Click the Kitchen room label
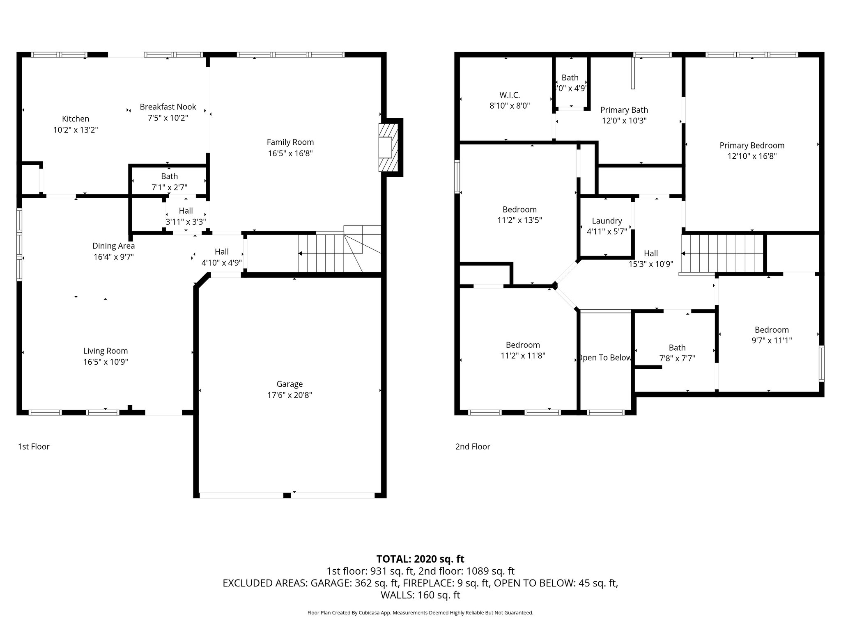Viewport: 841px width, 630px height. click(76, 119)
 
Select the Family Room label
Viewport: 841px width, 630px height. click(290, 142)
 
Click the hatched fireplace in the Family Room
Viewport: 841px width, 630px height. click(388, 148)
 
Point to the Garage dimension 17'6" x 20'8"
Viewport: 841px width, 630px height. click(290, 395)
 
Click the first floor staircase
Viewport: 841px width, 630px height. click(329, 253)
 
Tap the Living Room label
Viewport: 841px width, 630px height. click(106, 351)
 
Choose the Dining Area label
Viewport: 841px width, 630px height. click(113, 246)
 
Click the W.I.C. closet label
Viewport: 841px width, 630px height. click(510, 95)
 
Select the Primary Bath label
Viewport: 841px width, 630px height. click(624, 110)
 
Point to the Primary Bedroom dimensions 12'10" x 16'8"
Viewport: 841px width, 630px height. click(752, 156)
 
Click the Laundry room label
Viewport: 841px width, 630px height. click(607, 221)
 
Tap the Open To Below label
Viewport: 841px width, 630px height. click(604, 358)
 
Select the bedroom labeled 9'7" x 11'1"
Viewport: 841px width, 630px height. click(772, 330)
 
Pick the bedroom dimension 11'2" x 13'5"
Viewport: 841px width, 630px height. click(519, 220)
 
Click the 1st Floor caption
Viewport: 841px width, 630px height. click(34, 447)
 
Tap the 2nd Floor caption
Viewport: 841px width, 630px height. click(473, 447)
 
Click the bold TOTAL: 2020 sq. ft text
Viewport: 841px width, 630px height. click(420, 559)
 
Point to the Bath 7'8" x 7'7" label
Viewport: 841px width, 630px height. click(677, 348)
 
